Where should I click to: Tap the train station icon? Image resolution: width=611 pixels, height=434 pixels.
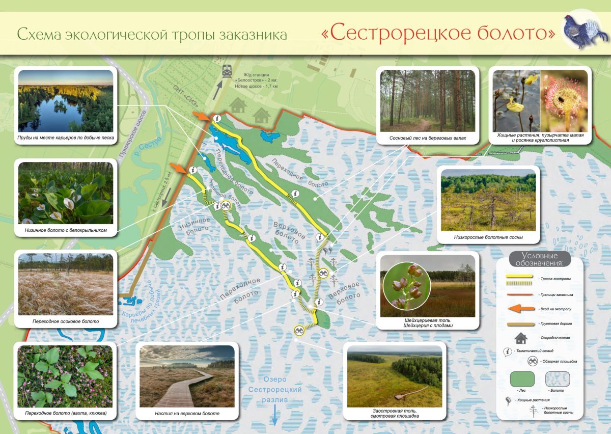pyautogui.click(x=227, y=72)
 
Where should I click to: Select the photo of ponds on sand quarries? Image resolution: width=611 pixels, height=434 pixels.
pyautogui.click(x=65, y=101)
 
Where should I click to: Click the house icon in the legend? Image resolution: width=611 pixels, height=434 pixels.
pyautogui.click(x=520, y=338)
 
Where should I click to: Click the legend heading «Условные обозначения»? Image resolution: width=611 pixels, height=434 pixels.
pyautogui.click(x=539, y=259)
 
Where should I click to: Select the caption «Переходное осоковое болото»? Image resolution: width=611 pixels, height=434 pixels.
pyautogui.click(x=65, y=321)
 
